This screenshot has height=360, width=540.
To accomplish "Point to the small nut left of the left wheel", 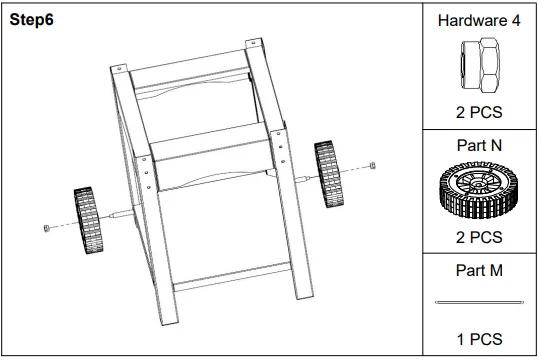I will point(46,229).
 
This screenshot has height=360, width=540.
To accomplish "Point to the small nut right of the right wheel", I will point(371,165).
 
